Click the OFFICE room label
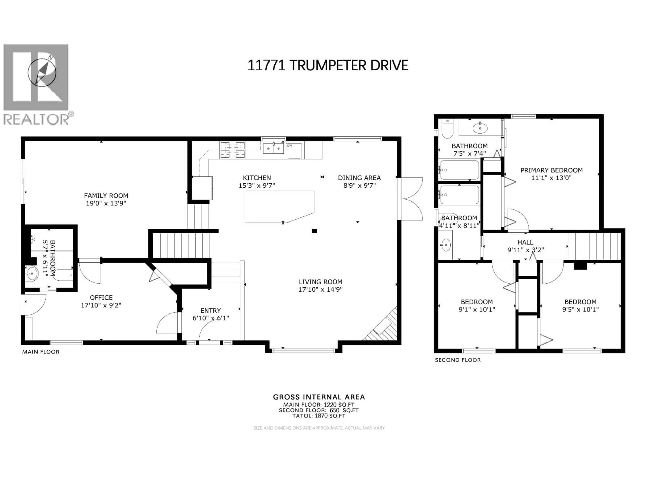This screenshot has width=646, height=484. click(x=101, y=298)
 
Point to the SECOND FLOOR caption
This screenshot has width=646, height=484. click(x=457, y=360)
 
